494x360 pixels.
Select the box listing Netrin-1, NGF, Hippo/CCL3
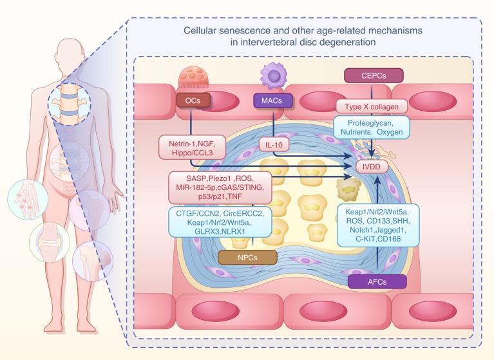192,147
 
